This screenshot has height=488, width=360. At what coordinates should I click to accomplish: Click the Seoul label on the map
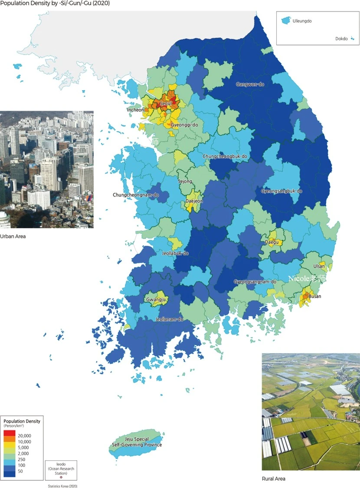click(166, 104)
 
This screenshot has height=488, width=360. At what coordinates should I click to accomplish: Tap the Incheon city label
click(135, 110)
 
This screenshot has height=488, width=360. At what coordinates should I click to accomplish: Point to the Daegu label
click(272, 242)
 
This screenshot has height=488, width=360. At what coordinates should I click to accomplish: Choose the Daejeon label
click(194, 201)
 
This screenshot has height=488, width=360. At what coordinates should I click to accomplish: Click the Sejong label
click(185, 181)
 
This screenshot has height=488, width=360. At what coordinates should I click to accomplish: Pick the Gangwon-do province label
click(250, 84)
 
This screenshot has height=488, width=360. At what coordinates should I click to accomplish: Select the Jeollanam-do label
click(169, 319)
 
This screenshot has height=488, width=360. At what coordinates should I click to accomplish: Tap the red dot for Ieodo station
click(61, 477)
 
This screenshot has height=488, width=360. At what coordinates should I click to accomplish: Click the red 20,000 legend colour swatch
click(10, 432)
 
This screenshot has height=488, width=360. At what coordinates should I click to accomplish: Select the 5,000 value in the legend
click(24, 447)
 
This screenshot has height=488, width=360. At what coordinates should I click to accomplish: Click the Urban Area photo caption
click(13, 236)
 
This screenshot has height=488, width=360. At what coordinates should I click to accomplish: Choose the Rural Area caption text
click(274, 479)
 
